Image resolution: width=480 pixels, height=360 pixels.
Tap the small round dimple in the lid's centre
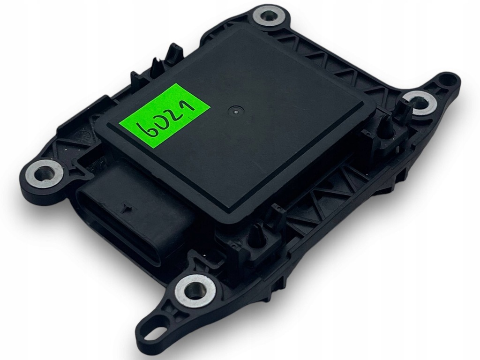[x=233, y=111]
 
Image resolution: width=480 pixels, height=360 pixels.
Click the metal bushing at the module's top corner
[x=268, y=17]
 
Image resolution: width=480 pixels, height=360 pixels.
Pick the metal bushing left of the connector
[x=45, y=173]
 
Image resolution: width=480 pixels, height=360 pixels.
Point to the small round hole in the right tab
[x=443, y=81]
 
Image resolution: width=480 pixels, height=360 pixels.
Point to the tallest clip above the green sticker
[x=174, y=52]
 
